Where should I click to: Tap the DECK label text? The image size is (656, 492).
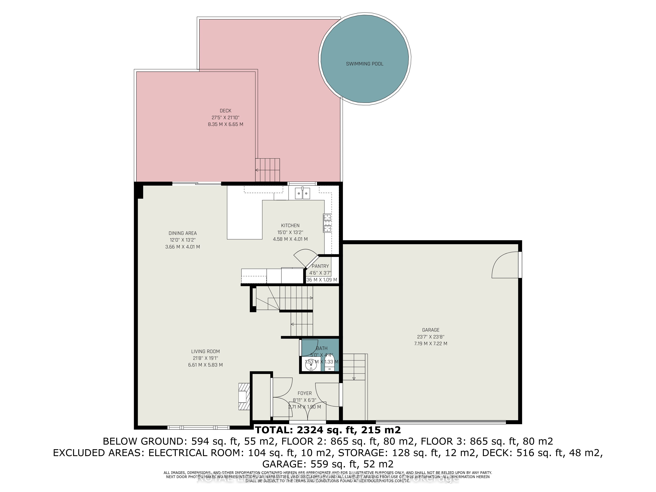click(x=225, y=111)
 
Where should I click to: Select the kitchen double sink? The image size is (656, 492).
click(x=302, y=193)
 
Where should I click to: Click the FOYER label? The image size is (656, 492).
click(x=305, y=393)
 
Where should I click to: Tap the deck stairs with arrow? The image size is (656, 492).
click(x=267, y=170)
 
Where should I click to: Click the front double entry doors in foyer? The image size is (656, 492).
click(x=307, y=411)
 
